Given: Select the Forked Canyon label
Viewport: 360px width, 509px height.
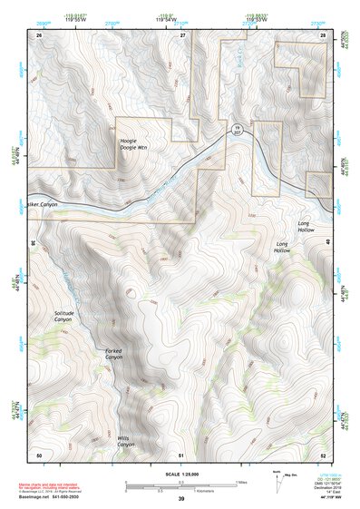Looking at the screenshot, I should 113,354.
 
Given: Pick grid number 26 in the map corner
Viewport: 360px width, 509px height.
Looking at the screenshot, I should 39,34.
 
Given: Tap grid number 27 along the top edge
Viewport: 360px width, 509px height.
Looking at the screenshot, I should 182,34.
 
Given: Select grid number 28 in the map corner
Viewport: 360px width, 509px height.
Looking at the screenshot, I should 323,34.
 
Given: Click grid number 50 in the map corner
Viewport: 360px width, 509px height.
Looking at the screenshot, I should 39,454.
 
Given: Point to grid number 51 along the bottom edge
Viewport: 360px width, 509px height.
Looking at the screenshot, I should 181,454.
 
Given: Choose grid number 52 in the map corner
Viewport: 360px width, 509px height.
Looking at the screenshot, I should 323,454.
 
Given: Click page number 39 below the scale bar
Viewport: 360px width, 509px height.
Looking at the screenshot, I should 181,499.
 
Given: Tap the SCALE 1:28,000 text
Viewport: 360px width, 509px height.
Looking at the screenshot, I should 181,475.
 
